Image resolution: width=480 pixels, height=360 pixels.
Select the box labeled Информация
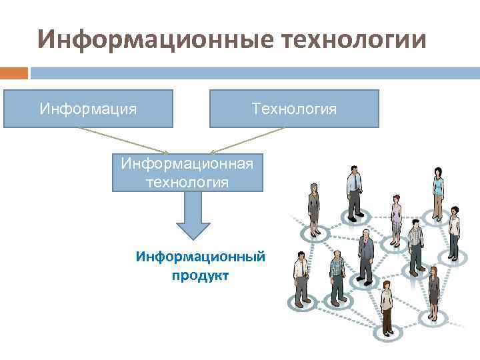(88, 108)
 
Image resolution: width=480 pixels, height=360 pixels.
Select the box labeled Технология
(294, 108)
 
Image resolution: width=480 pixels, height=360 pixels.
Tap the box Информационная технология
(187, 173)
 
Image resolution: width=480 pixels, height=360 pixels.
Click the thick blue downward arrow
(192, 216)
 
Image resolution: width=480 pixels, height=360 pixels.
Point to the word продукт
(200, 275)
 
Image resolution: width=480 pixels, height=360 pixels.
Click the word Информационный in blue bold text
(201, 256)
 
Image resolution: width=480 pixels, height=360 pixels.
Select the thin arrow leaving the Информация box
(120, 140)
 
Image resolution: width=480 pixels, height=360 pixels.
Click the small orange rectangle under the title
(14, 73)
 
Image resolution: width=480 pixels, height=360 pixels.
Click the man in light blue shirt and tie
(353, 190)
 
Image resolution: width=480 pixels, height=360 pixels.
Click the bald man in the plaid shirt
(337, 277)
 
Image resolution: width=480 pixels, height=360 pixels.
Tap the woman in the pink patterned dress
(397, 220)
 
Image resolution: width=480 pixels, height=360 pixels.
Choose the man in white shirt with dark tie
(301, 277)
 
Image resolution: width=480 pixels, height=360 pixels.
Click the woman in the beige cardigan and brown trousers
(387, 307)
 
